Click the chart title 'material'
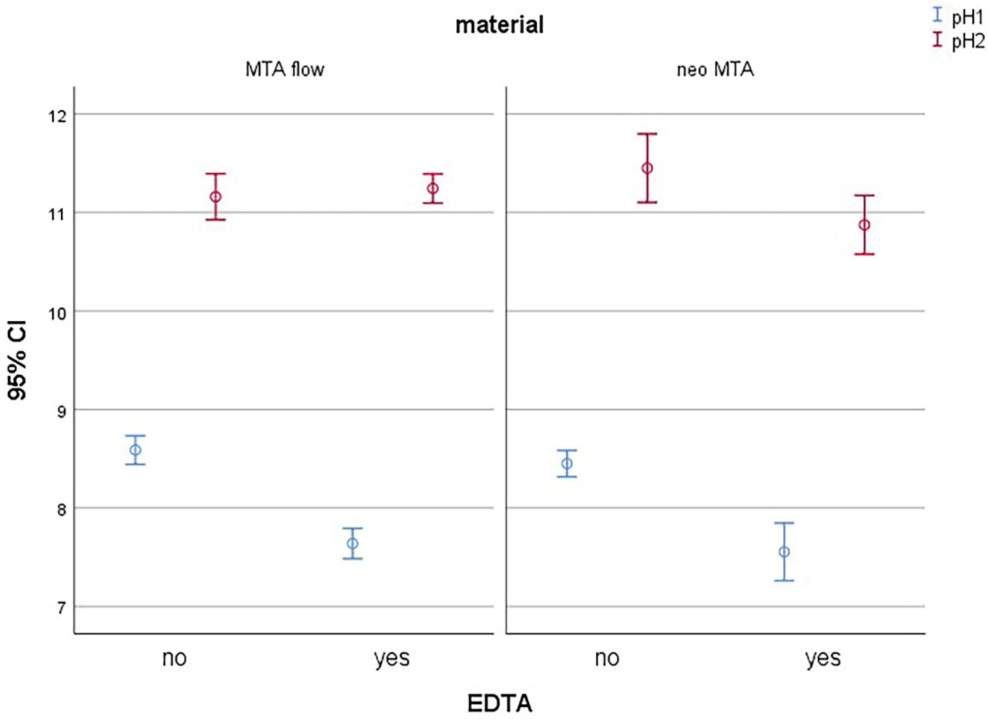pos(499,25)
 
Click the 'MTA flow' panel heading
pos(285,70)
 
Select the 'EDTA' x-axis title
pos(499,703)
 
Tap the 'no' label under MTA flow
pos(174,658)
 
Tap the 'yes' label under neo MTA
pos(823,658)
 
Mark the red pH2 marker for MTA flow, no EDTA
pos(216,196)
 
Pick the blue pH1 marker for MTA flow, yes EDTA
pos(352,543)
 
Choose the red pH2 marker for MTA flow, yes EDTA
pos(433,188)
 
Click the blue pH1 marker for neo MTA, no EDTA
pos(567,463)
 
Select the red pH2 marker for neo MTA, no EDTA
pos(647,168)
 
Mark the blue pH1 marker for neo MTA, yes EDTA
pos(784,552)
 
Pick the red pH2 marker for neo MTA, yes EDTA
pos(864,225)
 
